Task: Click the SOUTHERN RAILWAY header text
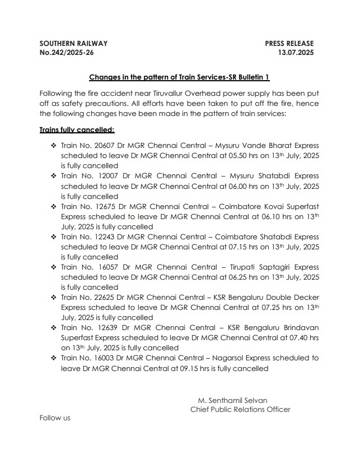(x=73, y=43)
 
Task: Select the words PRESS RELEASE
(x=289, y=43)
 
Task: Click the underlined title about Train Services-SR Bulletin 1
(x=179, y=77)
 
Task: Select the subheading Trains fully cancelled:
(x=77, y=129)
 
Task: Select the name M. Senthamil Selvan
(x=232, y=400)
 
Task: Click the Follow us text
(x=55, y=418)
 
